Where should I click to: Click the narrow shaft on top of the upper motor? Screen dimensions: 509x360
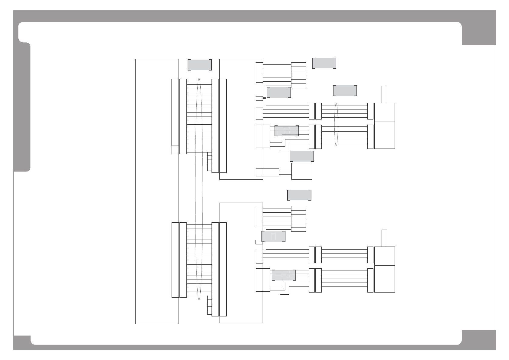pos(384,94)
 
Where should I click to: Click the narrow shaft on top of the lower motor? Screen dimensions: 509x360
pos(384,238)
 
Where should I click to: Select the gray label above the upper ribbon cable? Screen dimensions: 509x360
pos(199,65)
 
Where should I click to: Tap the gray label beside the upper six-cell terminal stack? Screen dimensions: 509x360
pos(324,63)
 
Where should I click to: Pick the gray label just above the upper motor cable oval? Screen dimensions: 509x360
pos(345,90)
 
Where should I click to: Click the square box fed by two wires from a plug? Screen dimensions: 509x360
pos(301,171)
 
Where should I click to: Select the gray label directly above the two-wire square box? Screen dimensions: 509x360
pos(302,156)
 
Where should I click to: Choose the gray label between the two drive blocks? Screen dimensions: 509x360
pos(299,195)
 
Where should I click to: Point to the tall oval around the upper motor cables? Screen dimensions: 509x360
pos(336,125)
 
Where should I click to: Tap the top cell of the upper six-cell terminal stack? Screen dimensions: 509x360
pos(298,64)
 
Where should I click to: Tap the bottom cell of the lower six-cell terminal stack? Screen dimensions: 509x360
pos(298,229)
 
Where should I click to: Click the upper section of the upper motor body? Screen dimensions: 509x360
pos(384,112)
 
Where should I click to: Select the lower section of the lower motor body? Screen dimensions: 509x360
pos(384,279)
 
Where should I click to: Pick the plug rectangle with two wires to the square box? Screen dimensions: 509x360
pos(271,172)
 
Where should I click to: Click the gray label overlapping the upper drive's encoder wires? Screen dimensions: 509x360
pos(286,131)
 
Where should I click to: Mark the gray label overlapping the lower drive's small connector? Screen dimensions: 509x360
pos(273,236)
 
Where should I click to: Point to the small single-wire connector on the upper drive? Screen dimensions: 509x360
pos(259,98)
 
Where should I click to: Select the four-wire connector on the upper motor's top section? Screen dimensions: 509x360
pos(370,111)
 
